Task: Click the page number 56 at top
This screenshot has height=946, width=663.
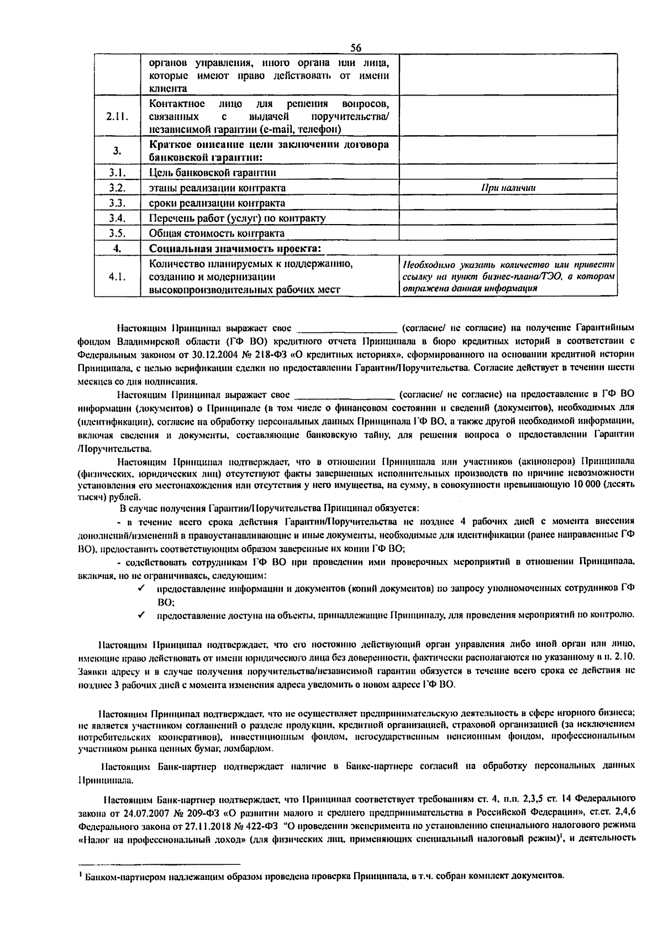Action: pos(355,47)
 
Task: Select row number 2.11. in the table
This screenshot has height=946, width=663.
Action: pos(117,116)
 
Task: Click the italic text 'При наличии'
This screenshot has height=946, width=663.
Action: pos(508,188)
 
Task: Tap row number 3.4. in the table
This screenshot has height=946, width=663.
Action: pos(117,218)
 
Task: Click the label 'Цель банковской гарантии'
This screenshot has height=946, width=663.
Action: pos(213,173)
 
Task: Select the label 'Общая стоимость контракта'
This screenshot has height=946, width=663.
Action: pos(217,233)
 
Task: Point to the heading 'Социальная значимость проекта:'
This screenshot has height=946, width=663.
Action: pos(235,248)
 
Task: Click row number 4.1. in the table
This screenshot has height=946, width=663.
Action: pos(117,277)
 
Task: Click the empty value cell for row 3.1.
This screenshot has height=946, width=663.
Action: pos(508,173)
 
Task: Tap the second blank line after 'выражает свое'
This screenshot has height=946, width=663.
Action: pos(345,395)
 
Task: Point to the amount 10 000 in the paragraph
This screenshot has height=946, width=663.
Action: pos(583,484)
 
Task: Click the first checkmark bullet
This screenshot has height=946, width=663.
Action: pos(142,588)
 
